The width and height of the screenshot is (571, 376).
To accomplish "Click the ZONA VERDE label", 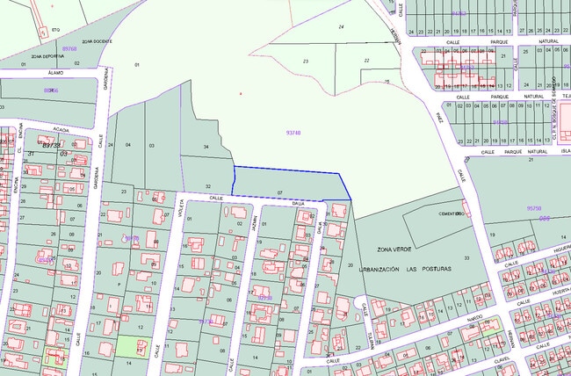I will (394, 249).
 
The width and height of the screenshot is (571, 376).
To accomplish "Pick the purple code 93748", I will (293, 133).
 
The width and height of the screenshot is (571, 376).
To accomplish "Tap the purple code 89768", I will (69, 49).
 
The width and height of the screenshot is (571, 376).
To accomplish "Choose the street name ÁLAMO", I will (57, 72).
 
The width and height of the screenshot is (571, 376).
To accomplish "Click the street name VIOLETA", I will (184, 211).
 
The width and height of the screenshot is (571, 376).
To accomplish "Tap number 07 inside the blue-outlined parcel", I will (279, 192).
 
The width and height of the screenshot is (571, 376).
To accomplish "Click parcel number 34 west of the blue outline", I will (206, 146).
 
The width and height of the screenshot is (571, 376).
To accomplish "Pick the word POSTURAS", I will (435, 268).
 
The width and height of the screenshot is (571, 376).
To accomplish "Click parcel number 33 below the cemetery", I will (466, 257).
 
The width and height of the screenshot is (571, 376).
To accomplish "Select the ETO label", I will (55, 29).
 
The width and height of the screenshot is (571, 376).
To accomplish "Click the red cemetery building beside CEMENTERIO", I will (465, 210).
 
